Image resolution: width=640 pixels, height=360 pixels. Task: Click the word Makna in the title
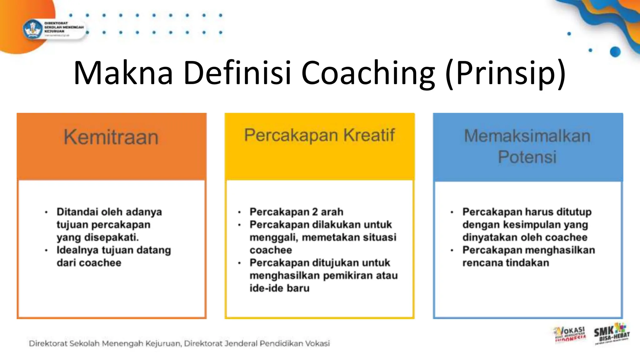[x=123, y=73]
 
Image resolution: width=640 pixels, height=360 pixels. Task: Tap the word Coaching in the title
[x=368, y=73]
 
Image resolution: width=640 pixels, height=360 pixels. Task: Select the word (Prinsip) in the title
[x=505, y=73]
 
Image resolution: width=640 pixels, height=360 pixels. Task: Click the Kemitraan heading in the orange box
[x=111, y=137]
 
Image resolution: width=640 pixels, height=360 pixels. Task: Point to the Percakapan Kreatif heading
[x=319, y=135]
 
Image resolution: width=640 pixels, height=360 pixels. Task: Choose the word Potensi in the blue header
[x=527, y=157]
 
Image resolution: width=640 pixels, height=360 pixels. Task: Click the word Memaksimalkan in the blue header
[x=527, y=136]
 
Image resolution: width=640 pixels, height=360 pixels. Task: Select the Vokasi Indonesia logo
[x=570, y=334]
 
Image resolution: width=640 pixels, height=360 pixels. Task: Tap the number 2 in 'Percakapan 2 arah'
[x=315, y=212]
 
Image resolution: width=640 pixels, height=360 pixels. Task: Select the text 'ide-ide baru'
[x=279, y=288]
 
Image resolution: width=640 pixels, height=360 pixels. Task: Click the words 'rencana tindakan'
[x=506, y=263]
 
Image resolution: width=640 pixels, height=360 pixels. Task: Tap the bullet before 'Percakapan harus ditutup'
[x=452, y=212]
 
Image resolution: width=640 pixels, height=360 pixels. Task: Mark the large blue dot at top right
[x=615, y=52]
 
